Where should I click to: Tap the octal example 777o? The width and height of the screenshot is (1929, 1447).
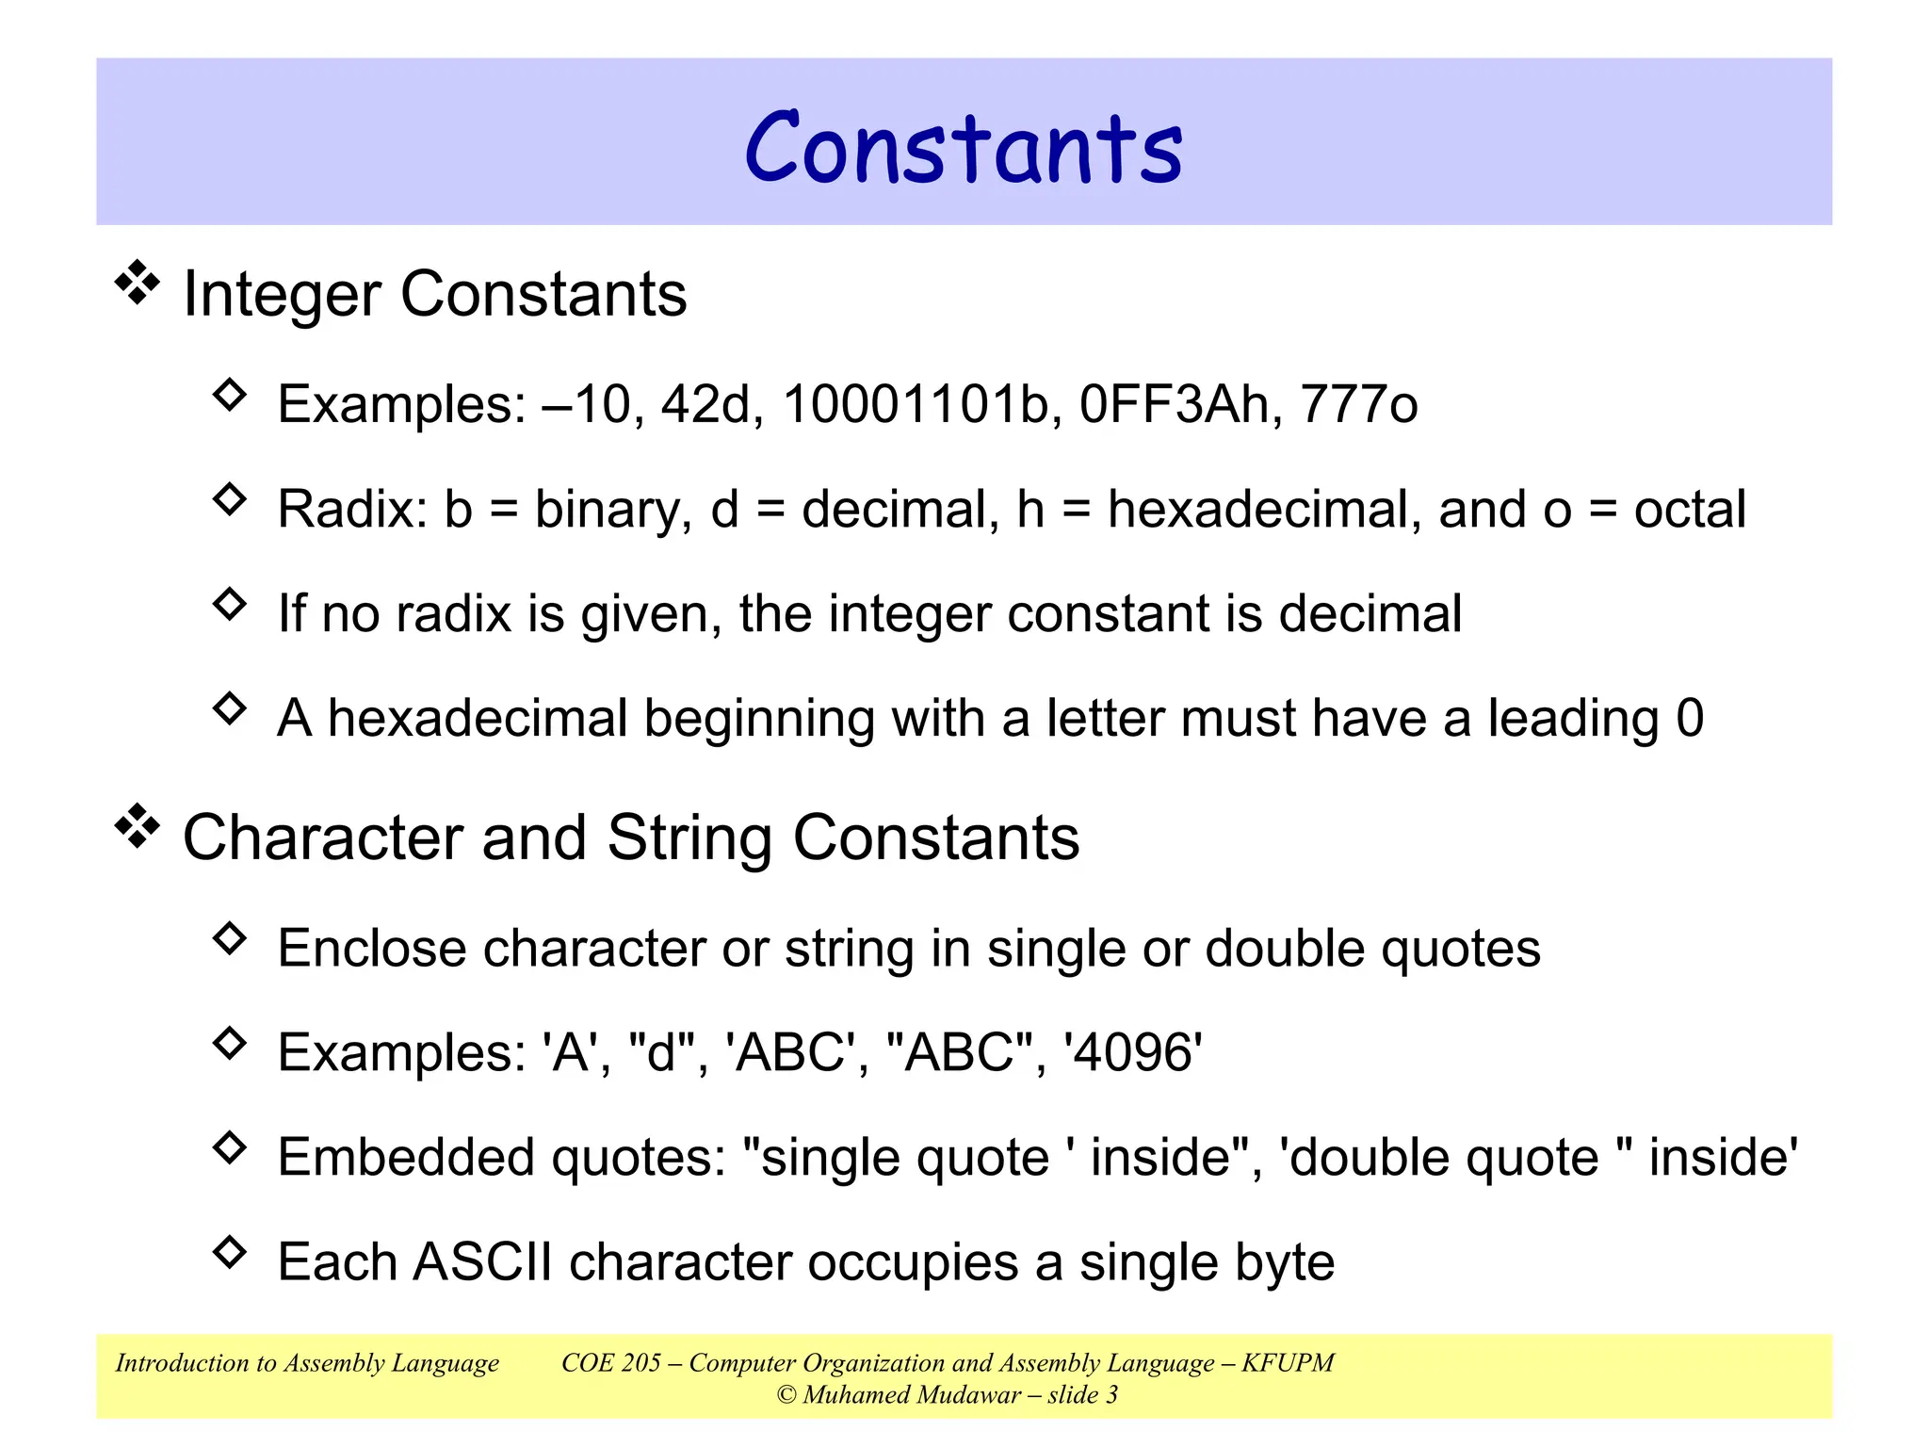(x=1358, y=404)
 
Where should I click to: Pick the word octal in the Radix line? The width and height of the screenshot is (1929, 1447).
(x=1690, y=510)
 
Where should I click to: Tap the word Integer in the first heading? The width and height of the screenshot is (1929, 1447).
(x=284, y=295)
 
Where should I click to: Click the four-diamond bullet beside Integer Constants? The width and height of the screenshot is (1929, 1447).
(x=138, y=283)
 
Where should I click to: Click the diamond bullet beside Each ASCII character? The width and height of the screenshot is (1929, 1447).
(x=229, y=1252)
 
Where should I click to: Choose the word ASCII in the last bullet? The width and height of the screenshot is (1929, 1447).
(x=482, y=1262)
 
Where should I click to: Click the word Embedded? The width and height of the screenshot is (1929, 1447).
(x=406, y=1158)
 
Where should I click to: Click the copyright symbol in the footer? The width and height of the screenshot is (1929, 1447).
(x=786, y=1395)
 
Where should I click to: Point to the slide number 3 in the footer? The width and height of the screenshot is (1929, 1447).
(x=1111, y=1395)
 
